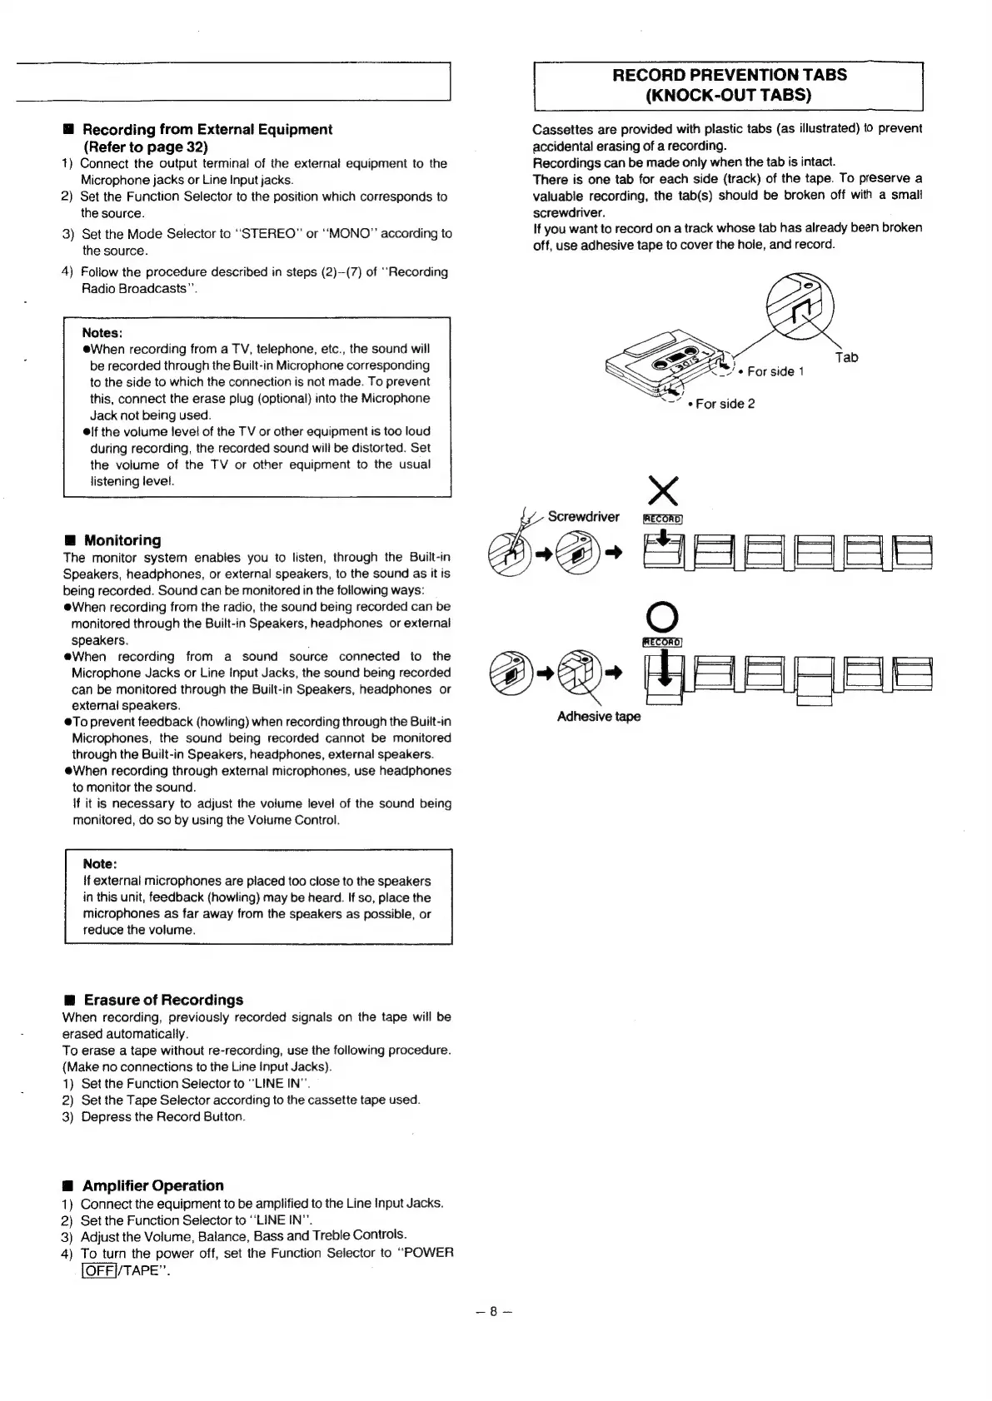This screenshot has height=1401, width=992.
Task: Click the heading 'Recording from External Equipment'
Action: (x=207, y=129)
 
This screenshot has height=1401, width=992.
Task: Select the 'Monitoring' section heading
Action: (x=122, y=540)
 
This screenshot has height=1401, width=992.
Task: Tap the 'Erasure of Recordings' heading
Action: (x=163, y=1000)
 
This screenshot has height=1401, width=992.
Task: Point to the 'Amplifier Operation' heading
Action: (x=153, y=1185)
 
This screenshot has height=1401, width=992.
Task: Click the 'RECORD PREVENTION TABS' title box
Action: (x=729, y=85)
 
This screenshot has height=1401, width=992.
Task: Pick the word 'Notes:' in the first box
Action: (x=103, y=332)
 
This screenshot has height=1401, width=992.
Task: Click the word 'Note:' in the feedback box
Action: (x=100, y=863)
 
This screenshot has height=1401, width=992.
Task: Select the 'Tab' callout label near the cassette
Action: (x=846, y=357)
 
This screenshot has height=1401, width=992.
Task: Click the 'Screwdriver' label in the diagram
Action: (x=583, y=517)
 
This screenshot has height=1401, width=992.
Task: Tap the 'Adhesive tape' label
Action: (x=599, y=717)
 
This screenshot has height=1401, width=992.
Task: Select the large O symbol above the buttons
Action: (x=663, y=616)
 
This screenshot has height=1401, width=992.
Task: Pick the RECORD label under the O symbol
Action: (x=663, y=642)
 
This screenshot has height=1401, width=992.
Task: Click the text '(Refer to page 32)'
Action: (x=145, y=146)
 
